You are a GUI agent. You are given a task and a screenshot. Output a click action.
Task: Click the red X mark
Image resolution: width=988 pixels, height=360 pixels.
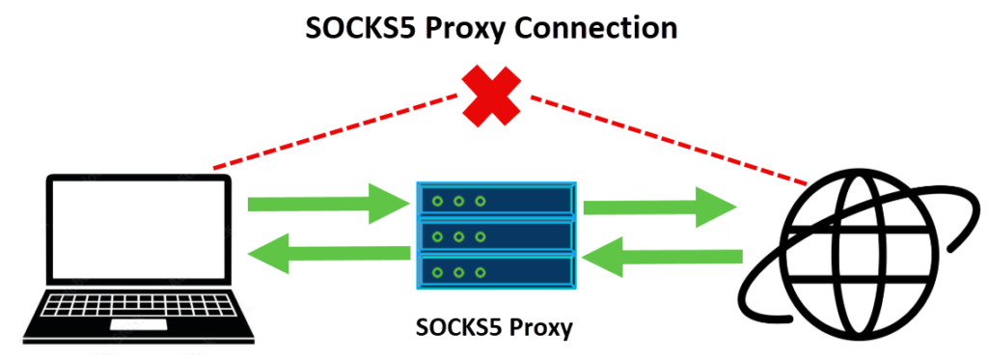coord(493,94)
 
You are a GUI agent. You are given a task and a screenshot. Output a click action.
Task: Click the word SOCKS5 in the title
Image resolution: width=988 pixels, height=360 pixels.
coord(359,28)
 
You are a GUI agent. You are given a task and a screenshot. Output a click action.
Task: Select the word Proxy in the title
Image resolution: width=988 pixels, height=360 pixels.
coord(469,28)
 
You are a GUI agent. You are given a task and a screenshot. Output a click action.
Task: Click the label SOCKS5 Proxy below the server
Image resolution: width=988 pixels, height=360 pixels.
coord(494,327)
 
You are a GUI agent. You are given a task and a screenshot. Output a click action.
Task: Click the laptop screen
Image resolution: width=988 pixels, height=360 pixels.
coord(136,232)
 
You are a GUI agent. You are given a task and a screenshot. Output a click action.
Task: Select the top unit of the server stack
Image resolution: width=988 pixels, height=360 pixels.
coord(496,201)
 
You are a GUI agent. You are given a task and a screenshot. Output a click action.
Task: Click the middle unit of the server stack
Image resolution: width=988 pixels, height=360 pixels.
coord(496,235)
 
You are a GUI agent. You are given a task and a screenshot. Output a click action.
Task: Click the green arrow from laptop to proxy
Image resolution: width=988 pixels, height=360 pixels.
coord(328,204)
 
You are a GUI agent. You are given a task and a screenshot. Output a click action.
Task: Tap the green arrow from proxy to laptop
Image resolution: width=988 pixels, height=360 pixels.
coord(328,255)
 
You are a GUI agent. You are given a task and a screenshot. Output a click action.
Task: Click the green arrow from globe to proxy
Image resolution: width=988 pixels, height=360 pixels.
coord(666,257)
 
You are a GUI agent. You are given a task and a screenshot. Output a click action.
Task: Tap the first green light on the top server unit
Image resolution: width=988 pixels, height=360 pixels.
coord(439,202)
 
